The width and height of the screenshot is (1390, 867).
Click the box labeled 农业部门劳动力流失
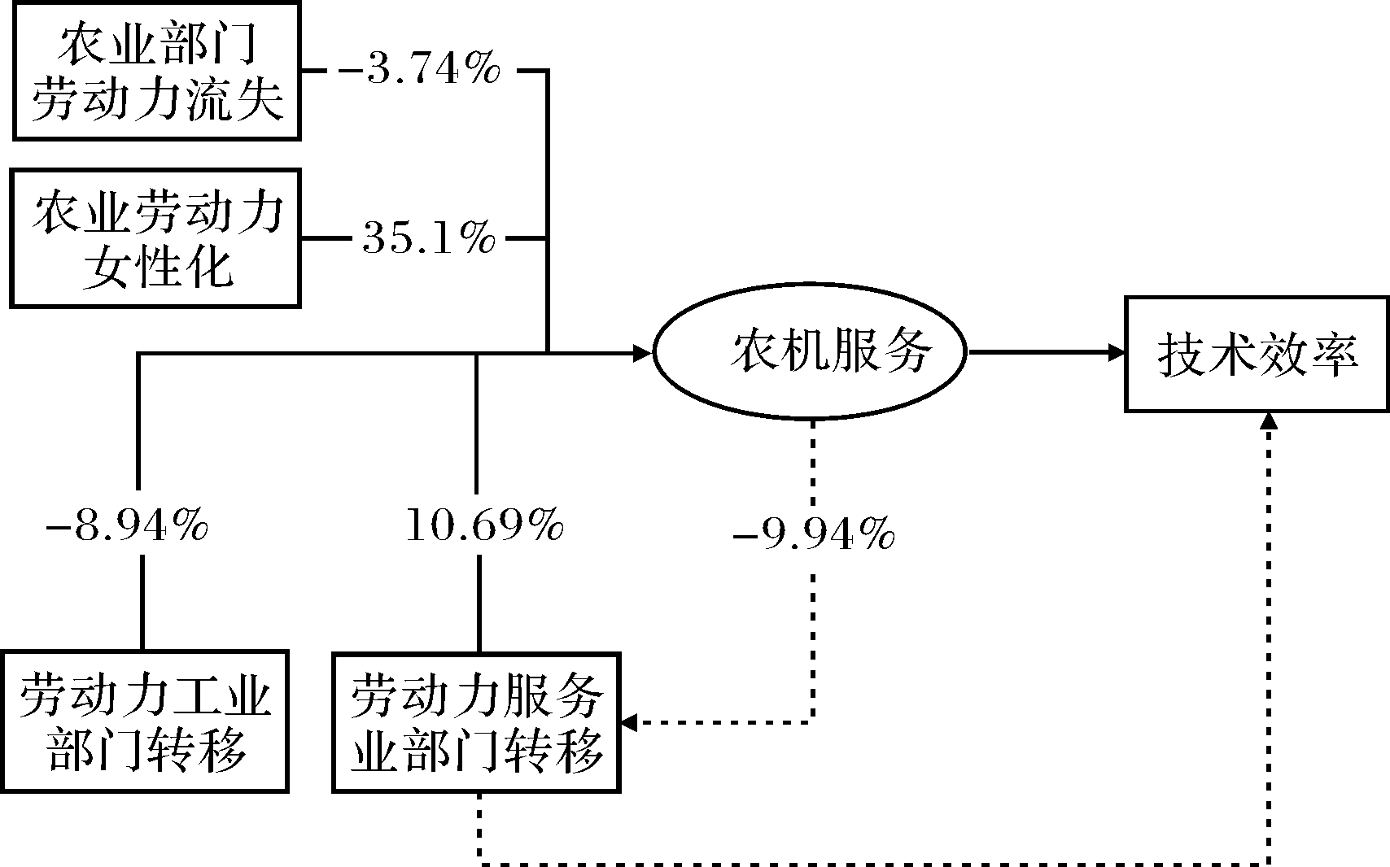click(156, 70)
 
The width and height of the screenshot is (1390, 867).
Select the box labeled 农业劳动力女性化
click(156, 238)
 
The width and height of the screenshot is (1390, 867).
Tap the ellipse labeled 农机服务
click(810, 351)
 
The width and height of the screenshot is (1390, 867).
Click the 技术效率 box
click(1257, 355)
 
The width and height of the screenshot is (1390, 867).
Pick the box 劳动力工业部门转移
click(145, 721)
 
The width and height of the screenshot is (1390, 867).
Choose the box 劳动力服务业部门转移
click(477, 721)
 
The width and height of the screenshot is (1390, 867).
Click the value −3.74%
click(418, 71)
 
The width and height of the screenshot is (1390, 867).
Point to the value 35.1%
click(429, 238)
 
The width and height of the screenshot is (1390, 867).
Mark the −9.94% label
click(814, 536)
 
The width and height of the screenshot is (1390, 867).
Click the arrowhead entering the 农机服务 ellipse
click(644, 352)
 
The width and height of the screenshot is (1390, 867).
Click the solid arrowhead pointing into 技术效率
click(1117, 352)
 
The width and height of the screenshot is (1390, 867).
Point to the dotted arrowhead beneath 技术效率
click(1269, 420)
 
